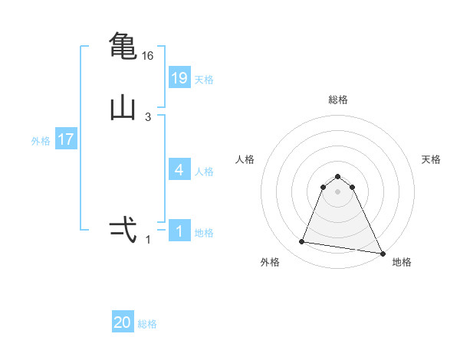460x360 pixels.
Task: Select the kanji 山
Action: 123,110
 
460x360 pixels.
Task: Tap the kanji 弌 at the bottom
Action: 123,230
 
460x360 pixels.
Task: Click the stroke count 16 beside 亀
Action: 148,56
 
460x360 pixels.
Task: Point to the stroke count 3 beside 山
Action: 148,117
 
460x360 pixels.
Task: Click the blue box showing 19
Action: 179,78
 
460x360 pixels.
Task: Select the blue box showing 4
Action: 179,170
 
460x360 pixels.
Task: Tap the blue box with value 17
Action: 65,139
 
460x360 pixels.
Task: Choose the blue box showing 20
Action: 123,322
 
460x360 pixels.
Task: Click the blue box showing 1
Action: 179,231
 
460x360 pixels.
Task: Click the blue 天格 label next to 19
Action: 204,80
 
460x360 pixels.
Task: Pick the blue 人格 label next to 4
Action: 204,172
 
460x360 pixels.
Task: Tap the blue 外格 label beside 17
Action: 41,141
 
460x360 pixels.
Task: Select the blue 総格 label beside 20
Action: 147,324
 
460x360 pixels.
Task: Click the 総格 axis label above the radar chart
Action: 338,100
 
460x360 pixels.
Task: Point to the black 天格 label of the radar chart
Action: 432,159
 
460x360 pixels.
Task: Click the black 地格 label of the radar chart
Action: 402,263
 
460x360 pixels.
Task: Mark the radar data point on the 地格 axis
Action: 383,253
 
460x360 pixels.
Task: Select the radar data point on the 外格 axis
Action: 302,242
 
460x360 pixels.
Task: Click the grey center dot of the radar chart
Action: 338,191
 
